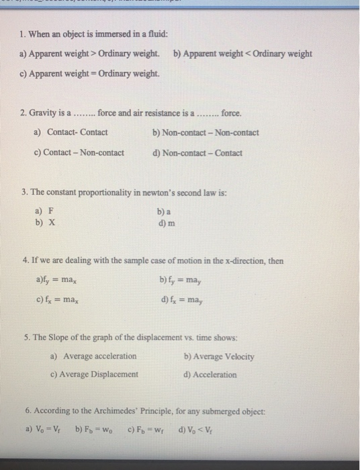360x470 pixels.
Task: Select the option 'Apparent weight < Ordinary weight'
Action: pyautogui.click(x=248, y=53)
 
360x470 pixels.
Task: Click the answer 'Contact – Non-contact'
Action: pyautogui.click(x=85, y=152)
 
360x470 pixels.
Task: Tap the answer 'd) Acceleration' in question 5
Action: pyautogui.click(x=210, y=374)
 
